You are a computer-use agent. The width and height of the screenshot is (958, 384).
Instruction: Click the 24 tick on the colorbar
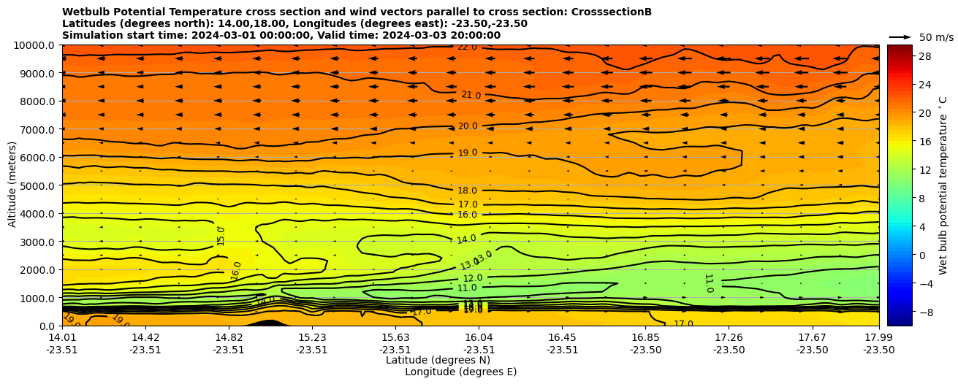pos(924,85)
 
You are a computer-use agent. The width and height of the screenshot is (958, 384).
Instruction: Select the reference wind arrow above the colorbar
pos(900,37)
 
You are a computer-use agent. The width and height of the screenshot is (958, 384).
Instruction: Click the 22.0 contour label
pos(467,47)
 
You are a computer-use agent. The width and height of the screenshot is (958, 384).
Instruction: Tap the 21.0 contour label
pos(471,96)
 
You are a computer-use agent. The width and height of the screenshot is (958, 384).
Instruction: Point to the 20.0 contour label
pos(468,126)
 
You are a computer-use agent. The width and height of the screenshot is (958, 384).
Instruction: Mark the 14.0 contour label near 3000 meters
pos(466,239)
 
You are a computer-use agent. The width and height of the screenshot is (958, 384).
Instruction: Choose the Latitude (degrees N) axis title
pos(438,360)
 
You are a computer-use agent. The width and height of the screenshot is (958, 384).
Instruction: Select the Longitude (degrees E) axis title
pos(460,372)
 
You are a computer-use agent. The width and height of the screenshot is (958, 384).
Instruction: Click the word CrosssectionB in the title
pos(612,12)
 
